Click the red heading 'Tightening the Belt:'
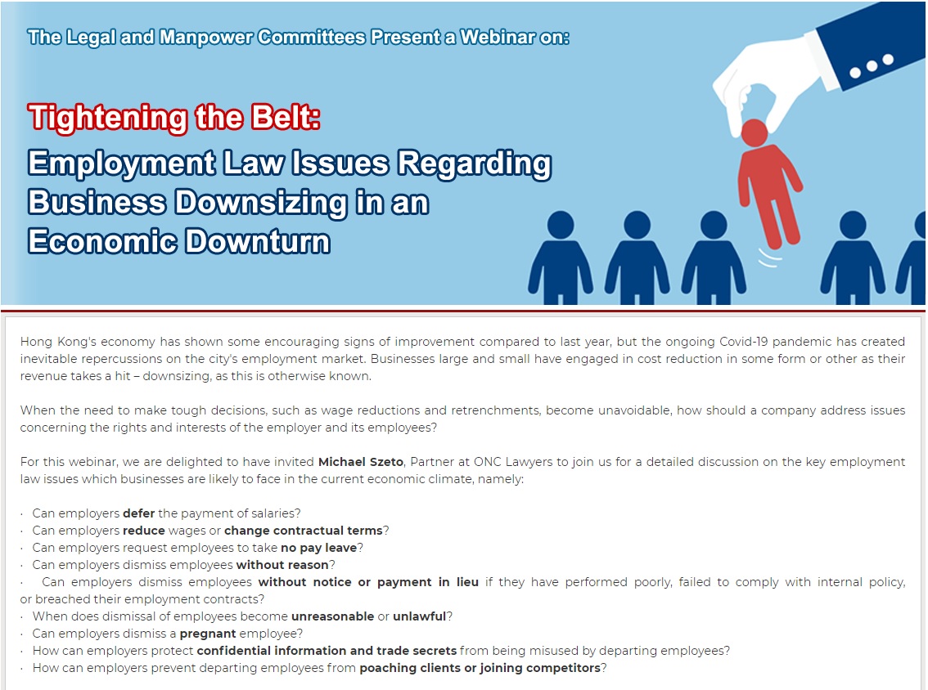(174, 117)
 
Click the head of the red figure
(754, 133)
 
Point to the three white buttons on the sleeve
(872, 66)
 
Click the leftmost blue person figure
(560, 258)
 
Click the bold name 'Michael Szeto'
(361, 462)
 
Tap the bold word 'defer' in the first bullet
(138, 513)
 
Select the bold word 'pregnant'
(208, 634)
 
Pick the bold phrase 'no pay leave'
(319, 548)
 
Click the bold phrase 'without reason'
(282, 565)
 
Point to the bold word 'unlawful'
(419, 616)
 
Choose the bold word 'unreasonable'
(332, 616)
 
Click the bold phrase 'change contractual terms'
(304, 531)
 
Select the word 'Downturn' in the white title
(259, 241)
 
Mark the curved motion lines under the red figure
(769, 258)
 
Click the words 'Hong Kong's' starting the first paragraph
(58, 342)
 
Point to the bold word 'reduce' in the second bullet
(144, 531)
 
